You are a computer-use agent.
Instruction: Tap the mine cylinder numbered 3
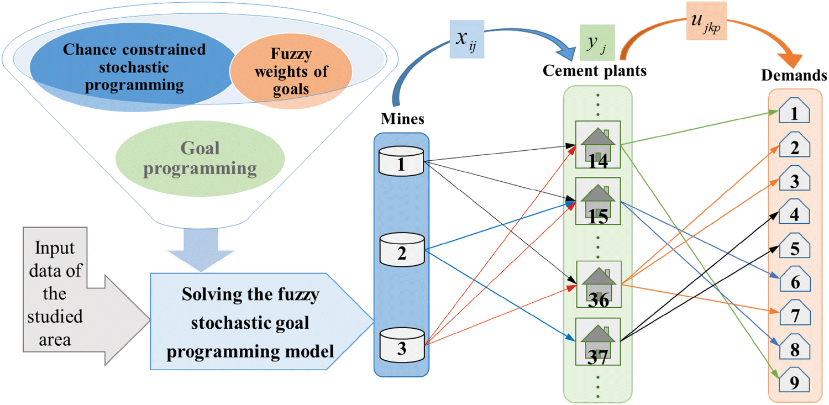click(x=401, y=343)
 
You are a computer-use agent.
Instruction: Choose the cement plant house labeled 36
click(x=599, y=284)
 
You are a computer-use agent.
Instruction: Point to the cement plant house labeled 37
click(x=599, y=341)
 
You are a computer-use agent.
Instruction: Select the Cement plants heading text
click(x=595, y=71)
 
